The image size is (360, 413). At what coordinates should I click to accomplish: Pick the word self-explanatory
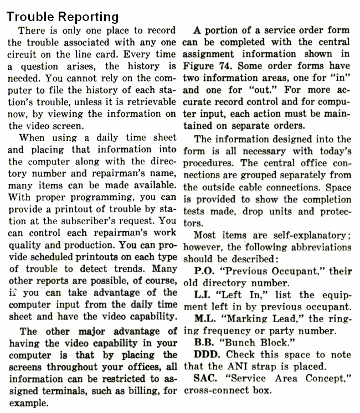point(308,234)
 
